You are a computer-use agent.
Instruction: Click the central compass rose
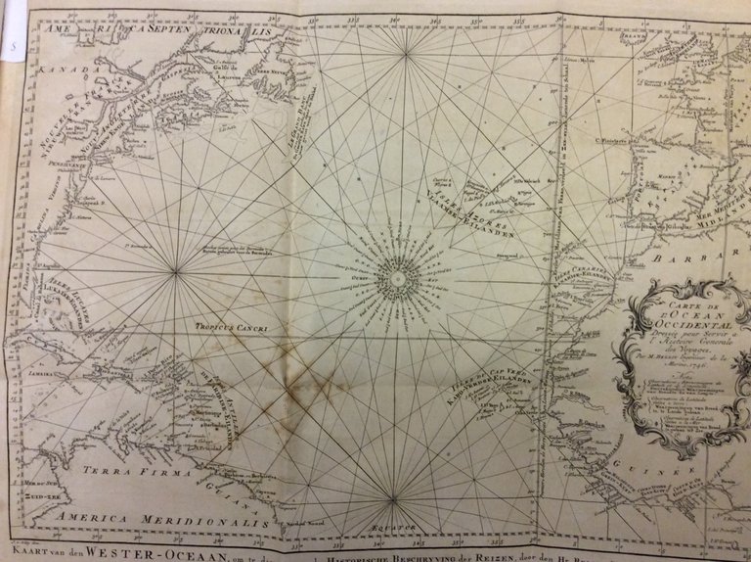398,279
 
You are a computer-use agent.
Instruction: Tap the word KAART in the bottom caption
32,551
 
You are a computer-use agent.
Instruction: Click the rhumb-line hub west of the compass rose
175,272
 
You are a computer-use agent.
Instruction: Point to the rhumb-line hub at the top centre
406,55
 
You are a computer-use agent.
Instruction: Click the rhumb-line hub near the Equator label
392,500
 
